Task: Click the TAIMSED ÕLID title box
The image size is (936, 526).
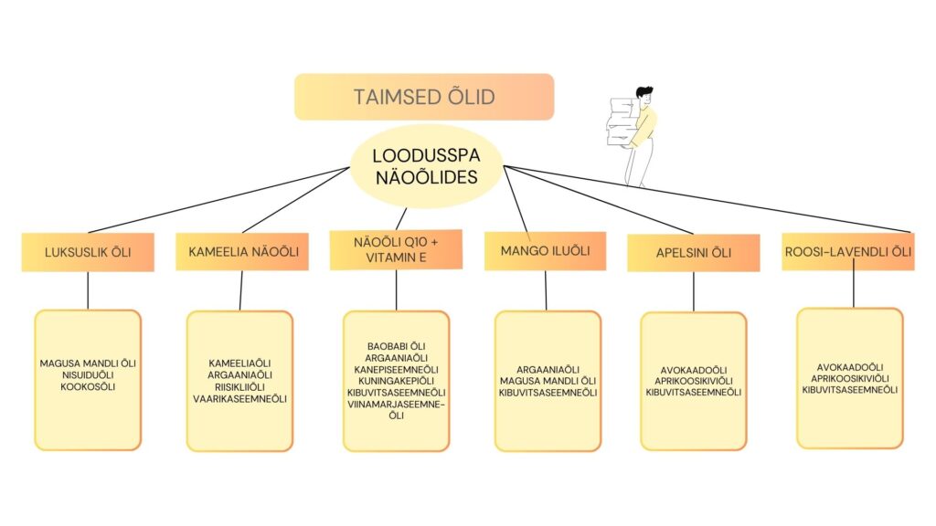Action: click(424, 97)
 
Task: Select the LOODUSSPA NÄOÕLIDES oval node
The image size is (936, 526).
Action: click(426, 166)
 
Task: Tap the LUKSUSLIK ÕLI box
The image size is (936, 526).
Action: click(88, 252)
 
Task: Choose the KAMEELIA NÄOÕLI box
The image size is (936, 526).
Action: click(241, 252)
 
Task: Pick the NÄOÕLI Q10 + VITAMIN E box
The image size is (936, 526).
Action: click(396, 250)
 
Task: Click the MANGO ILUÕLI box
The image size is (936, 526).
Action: click(545, 251)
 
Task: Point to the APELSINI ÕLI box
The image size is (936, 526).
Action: click(694, 253)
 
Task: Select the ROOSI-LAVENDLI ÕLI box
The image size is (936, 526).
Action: click(848, 252)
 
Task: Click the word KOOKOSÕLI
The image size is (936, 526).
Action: click(88, 387)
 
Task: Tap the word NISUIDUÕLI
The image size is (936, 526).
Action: click(88, 375)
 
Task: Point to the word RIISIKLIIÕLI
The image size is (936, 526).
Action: click(240, 387)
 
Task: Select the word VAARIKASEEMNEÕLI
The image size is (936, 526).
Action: click(240, 399)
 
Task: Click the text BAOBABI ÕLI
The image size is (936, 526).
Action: click(397, 346)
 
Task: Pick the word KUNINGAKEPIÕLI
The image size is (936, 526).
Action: click(397, 381)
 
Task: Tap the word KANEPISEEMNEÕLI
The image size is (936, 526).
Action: click(397, 370)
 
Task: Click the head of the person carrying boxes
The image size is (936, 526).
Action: click(643, 94)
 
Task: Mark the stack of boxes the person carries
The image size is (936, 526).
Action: click(621, 122)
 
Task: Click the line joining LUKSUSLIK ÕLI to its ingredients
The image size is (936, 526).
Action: click(88, 291)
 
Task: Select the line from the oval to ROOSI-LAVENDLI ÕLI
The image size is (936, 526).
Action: click(707, 199)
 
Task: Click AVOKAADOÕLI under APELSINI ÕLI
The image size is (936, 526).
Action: click(694, 371)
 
